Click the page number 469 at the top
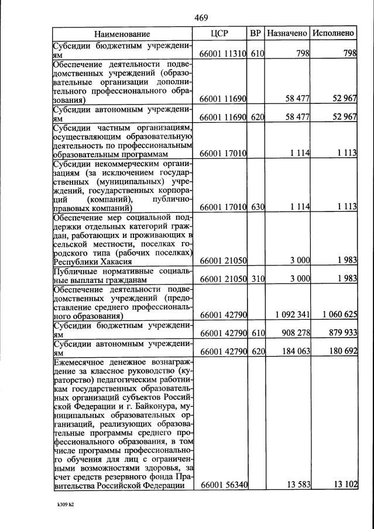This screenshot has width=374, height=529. pyautogui.click(x=201, y=18)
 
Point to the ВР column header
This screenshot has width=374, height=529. pyautogui.click(x=256, y=34)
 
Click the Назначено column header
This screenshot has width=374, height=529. pyautogui.click(x=287, y=34)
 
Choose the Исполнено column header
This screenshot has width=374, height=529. pyautogui.click(x=333, y=34)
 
